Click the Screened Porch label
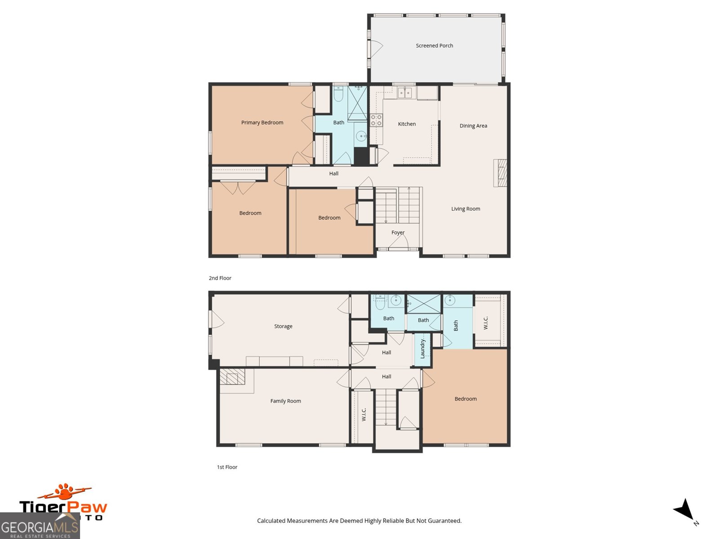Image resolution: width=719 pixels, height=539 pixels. point(434,45)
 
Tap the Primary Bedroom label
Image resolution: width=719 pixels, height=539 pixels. point(262,122)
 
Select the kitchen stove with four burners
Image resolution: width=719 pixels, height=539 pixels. point(376,120)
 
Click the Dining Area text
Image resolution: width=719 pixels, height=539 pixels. point(473,126)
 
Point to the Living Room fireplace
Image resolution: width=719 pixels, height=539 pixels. point(500,173)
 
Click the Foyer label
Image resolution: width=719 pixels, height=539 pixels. point(398,232)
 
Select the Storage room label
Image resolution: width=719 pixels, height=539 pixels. point(283,326)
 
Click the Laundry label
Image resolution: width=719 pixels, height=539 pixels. point(422,349)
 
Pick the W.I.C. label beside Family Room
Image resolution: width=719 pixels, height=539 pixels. point(364,414)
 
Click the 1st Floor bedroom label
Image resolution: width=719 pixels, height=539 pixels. point(466,398)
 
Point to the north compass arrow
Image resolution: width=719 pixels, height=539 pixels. point(684,510)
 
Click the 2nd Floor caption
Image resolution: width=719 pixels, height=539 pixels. point(220,278)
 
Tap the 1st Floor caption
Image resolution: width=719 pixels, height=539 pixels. point(227,467)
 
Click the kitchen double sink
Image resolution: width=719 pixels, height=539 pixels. point(405,93)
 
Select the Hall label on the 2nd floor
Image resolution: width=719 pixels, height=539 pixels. point(333,173)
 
